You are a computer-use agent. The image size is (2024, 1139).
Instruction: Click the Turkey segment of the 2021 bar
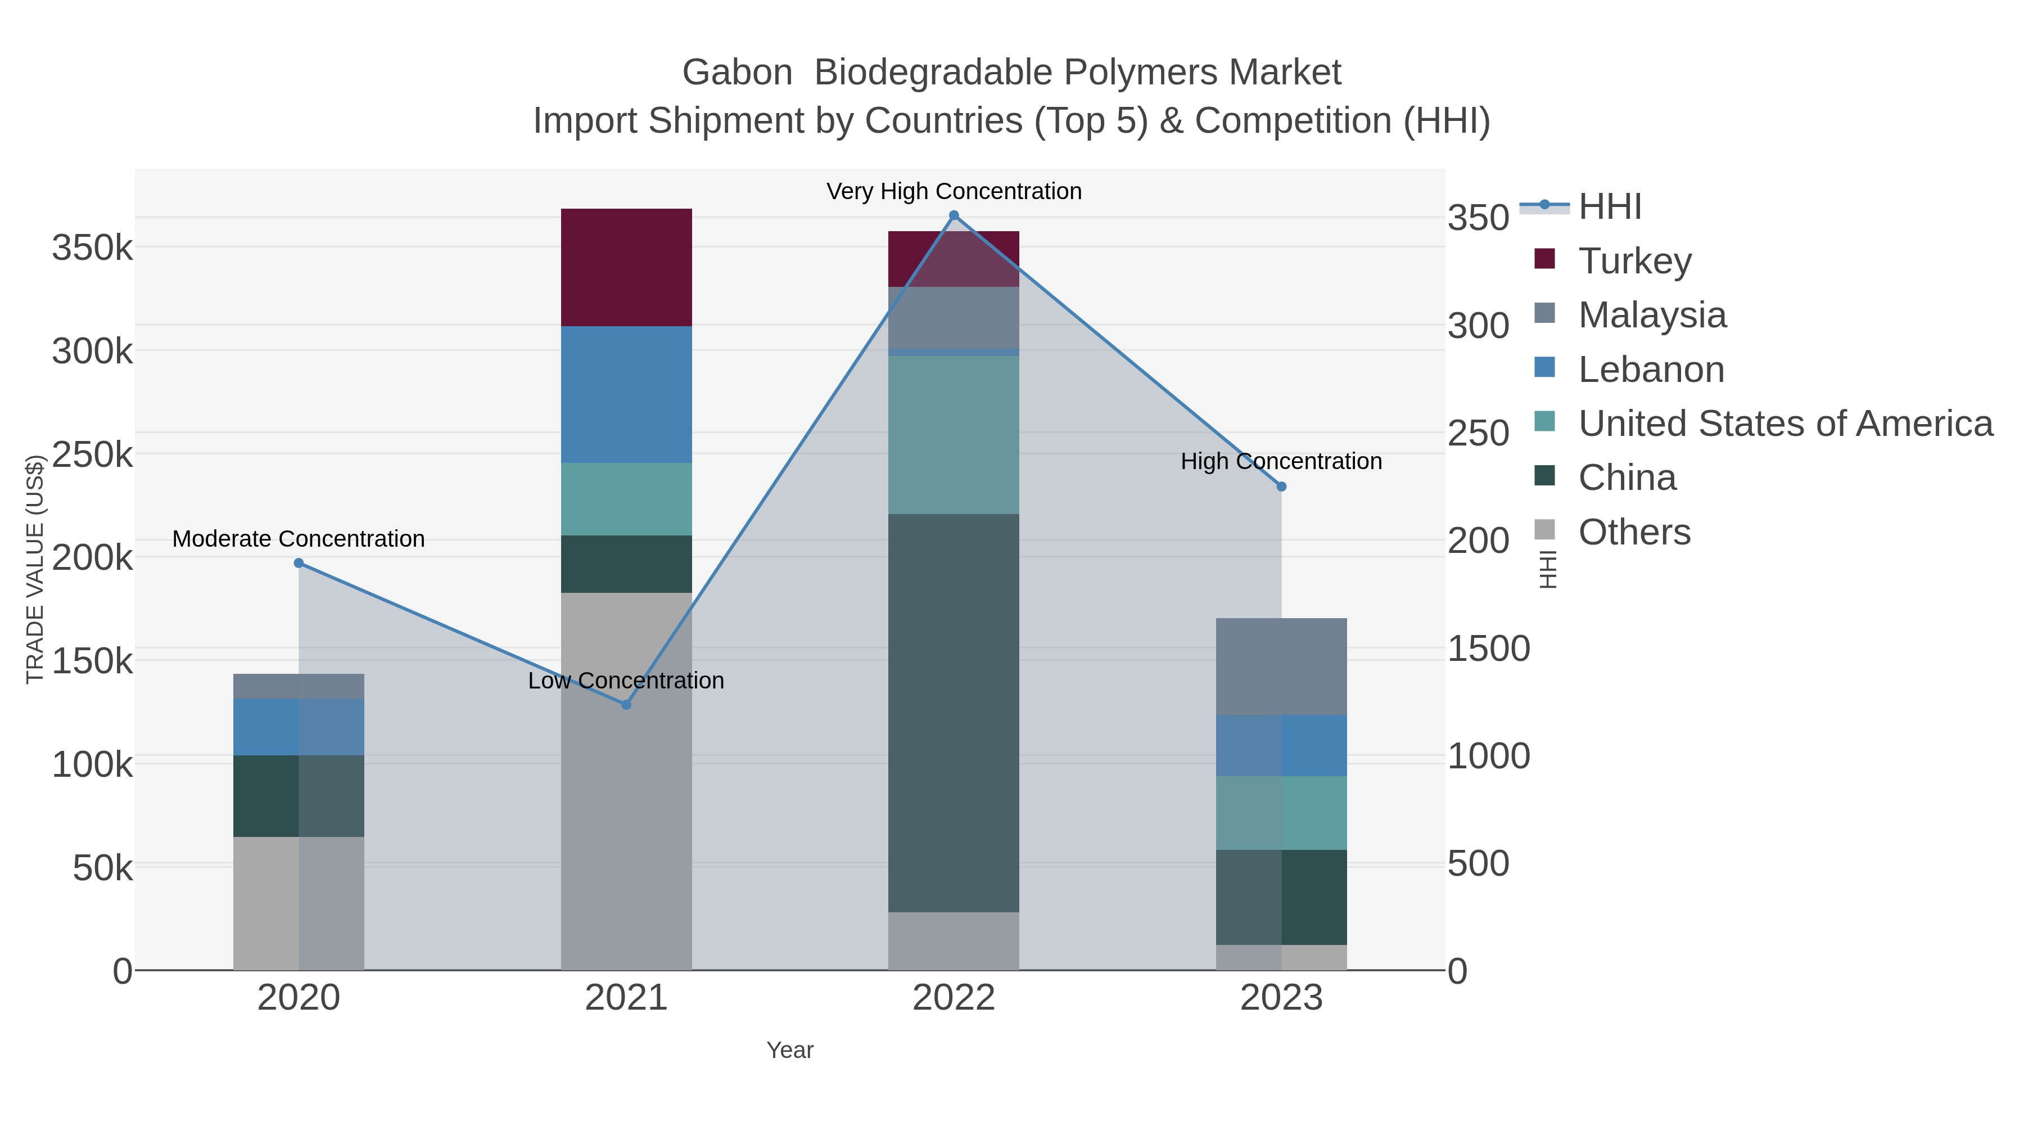[x=626, y=267]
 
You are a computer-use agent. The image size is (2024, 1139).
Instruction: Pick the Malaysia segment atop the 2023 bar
[x=1281, y=666]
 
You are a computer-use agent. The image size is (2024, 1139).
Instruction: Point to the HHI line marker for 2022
[x=954, y=215]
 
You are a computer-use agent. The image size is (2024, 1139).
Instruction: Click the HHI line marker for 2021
[x=626, y=704]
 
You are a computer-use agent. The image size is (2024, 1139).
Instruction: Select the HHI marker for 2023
[x=1281, y=487]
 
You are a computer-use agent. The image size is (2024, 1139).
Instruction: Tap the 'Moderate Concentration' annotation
[x=299, y=539]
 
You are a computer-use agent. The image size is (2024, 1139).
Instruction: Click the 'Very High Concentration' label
[x=954, y=192]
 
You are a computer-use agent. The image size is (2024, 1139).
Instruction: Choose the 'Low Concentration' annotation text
[x=626, y=681]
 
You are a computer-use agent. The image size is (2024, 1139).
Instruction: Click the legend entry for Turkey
[x=1634, y=261]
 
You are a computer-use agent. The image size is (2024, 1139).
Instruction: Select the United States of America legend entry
[x=1784, y=424]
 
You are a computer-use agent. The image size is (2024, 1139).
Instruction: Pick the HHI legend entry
[x=1609, y=207]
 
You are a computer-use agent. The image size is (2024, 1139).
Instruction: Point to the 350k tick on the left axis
[x=93, y=249]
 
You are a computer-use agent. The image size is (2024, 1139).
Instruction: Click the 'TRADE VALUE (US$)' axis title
[x=34, y=569]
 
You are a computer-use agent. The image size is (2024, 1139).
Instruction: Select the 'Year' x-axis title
[x=790, y=1050]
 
